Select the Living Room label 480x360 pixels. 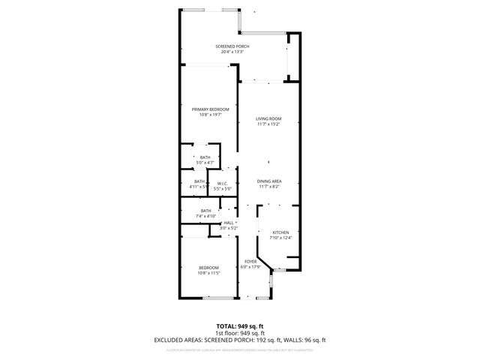pyautogui.click(x=268, y=118)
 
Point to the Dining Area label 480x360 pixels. pyautogui.click(x=269, y=181)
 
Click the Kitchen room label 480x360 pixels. pyautogui.click(x=280, y=232)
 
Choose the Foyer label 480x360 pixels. pyautogui.click(x=250, y=261)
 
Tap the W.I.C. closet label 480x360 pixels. pyautogui.click(x=222, y=184)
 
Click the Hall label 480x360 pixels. pyautogui.click(x=229, y=223)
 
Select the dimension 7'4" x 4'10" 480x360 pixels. pyautogui.click(x=205, y=216)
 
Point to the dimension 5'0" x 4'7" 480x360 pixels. pyautogui.click(x=205, y=162)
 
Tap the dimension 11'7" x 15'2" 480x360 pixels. pyautogui.click(x=268, y=124)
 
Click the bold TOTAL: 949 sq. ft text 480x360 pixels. pyautogui.click(x=239, y=326)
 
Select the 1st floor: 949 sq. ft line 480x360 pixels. pyautogui.click(x=239, y=333)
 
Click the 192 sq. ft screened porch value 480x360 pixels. pyautogui.click(x=265, y=340)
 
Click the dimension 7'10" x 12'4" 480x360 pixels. pyautogui.click(x=280, y=238)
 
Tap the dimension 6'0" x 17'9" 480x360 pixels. pyautogui.click(x=250, y=266)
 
